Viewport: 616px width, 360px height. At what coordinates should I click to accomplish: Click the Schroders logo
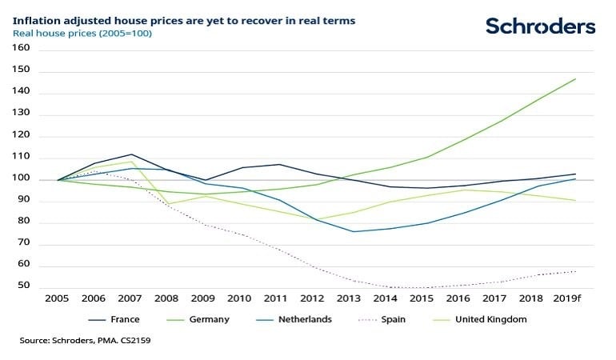pyautogui.click(x=541, y=26)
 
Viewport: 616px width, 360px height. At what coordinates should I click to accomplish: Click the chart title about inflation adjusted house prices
pyautogui.click(x=185, y=19)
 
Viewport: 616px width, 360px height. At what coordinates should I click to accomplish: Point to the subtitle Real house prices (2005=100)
pyautogui.click(x=82, y=34)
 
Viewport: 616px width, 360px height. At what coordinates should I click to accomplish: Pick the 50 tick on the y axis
pyautogui.click(x=23, y=286)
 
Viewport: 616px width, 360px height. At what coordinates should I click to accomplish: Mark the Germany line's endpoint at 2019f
pyautogui.click(x=575, y=78)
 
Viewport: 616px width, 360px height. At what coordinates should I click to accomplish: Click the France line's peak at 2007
pyautogui.click(x=132, y=154)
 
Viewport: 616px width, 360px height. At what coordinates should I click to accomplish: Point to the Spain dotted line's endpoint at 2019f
pyautogui.click(x=575, y=271)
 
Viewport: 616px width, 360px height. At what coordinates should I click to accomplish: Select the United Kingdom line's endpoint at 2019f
pyautogui.click(x=575, y=200)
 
